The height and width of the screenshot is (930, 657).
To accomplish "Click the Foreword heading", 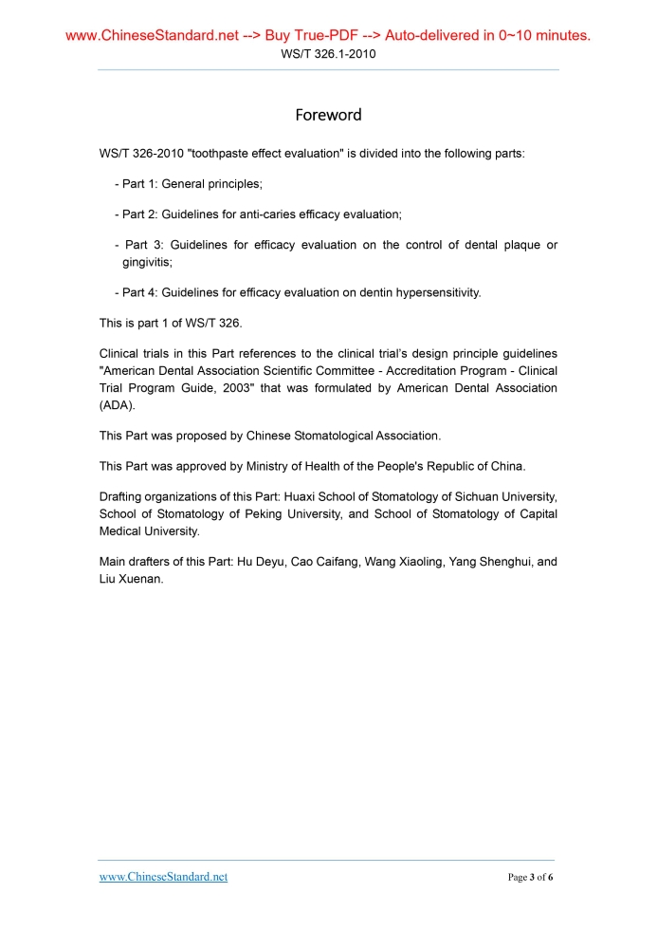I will click(x=328, y=115).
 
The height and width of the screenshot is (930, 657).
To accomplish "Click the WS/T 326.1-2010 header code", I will click(x=328, y=54).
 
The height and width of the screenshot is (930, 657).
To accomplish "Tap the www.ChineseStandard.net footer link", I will click(x=163, y=877).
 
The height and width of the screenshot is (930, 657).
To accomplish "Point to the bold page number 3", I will click(x=533, y=877).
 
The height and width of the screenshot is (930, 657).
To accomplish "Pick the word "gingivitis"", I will click(x=147, y=261).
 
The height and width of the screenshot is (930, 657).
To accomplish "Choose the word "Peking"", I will click(x=251, y=514).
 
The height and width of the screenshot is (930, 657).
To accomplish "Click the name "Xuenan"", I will click(x=140, y=578).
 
